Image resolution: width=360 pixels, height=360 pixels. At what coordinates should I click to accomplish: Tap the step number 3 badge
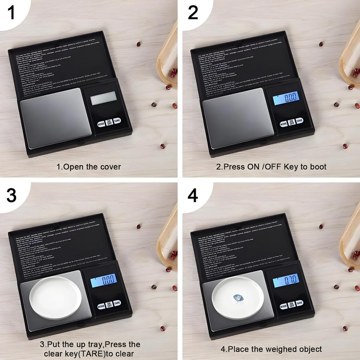coord(11,195)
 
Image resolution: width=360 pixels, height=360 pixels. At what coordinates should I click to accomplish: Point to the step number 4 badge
coord(193,195)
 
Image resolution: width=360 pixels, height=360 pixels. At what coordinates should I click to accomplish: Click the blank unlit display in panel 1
coord(103,98)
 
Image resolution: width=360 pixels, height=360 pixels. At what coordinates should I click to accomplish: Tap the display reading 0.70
coord(285,280)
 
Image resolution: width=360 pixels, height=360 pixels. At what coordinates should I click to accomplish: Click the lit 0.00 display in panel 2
coord(285,98)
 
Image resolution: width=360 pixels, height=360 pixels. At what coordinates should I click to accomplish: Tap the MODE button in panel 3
coord(101,306)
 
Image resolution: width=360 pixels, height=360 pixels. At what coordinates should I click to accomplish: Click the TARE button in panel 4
coord(299,303)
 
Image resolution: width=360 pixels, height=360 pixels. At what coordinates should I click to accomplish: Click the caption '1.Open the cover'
coord(89,167)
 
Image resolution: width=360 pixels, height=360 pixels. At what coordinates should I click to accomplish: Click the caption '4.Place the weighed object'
coord(271,349)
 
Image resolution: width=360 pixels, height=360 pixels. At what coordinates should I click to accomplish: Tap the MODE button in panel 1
coord(101,124)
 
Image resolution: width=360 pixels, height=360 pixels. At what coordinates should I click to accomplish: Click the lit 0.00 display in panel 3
coord(103,280)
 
